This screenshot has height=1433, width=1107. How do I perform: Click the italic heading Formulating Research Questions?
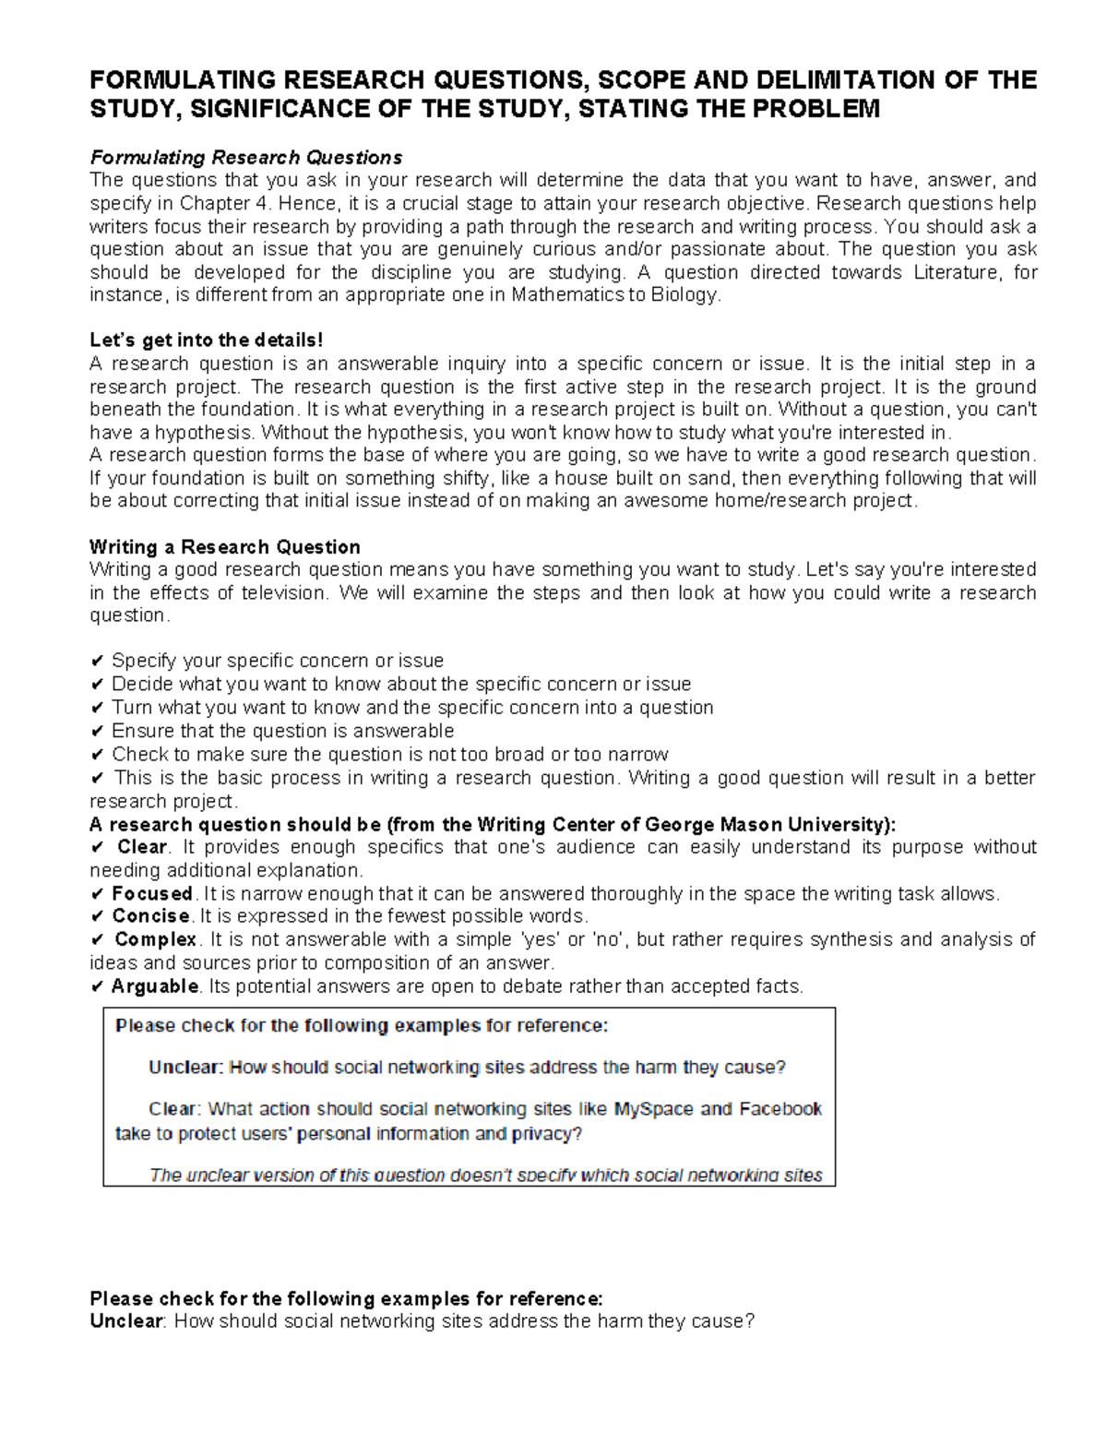(245, 157)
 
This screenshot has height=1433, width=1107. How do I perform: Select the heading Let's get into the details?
(207, 340)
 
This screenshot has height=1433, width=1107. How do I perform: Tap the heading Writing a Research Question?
(224, 546)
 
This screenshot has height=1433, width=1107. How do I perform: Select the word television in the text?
(284, 592)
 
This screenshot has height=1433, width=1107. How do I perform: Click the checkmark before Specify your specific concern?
(97, 662)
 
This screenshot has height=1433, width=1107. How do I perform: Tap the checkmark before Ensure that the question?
(97, 732)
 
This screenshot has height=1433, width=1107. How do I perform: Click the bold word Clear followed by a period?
(141, 847)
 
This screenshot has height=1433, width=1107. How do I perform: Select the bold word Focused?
(151, 893)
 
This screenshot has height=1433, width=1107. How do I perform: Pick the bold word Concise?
(150, 916)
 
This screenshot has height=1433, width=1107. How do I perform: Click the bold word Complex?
(155, 939)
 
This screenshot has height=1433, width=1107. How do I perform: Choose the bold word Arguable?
(154, 986)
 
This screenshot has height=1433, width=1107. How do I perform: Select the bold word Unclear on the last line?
(126, 1321)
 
